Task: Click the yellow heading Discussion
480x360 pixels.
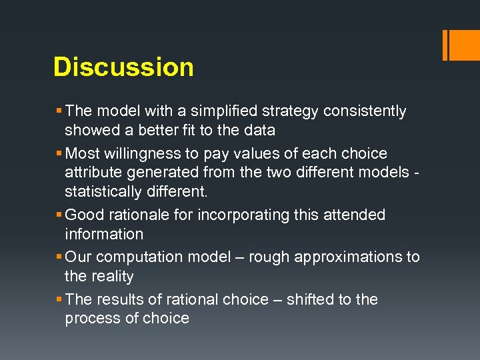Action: [x=123, y=67]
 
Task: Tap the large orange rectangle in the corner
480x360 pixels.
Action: [x=463, y=44]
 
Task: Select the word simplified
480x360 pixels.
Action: [x=214, y=111]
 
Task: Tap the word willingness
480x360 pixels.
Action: [x=143, y=153]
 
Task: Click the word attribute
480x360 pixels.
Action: [x=92, y=173]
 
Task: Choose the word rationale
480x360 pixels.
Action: [x=140, y=215]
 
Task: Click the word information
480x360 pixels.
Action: [x=104, y=234]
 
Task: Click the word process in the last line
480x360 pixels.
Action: [x=93, y=319]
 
